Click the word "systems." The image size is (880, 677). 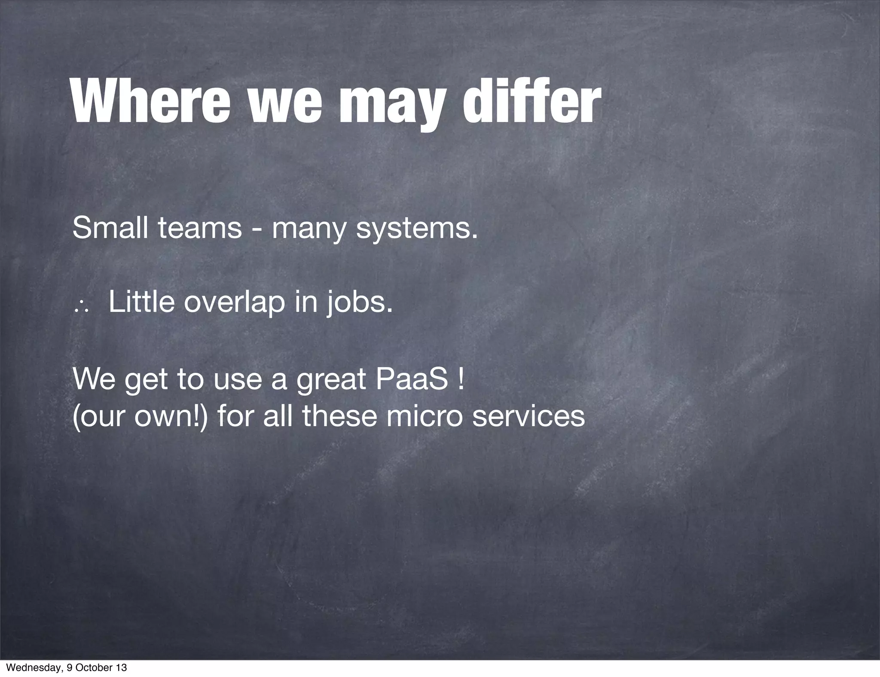pos(417,229)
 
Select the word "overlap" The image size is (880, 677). pos(234,303)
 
